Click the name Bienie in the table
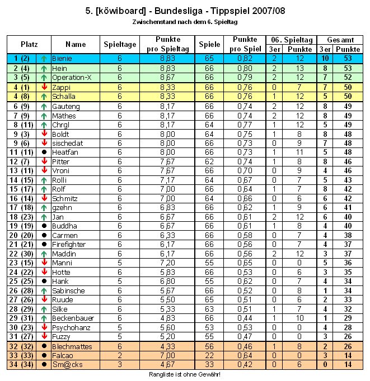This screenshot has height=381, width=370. pos(62,59)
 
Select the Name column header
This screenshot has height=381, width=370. pos(76,44)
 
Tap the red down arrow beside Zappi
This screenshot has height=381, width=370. pos(44,87)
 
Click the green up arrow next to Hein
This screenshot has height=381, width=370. pos(44,68)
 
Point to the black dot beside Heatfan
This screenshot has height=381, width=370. pos(44,152)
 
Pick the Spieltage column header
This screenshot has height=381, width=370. pos(120,44)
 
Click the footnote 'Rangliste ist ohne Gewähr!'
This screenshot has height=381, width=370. pos(184,374)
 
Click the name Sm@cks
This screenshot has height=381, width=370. pos(64,365)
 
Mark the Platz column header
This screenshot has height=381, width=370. pos(29,44)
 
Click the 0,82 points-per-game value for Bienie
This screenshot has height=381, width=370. pos(245,59)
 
